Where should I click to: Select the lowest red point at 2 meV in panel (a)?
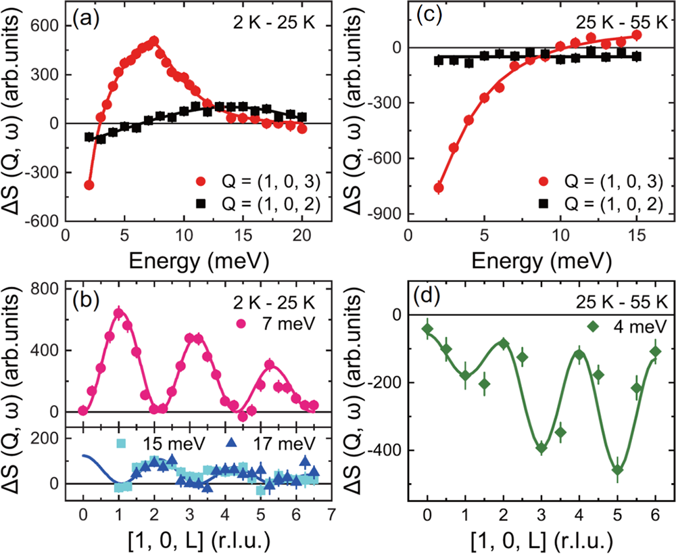pos(89,185)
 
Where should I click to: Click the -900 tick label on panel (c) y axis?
pos(382,214)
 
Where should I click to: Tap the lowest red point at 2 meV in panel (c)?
pos(439,188)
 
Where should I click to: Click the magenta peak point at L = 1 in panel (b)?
pos(118,313)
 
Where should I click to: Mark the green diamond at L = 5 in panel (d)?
pos(617,469)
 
